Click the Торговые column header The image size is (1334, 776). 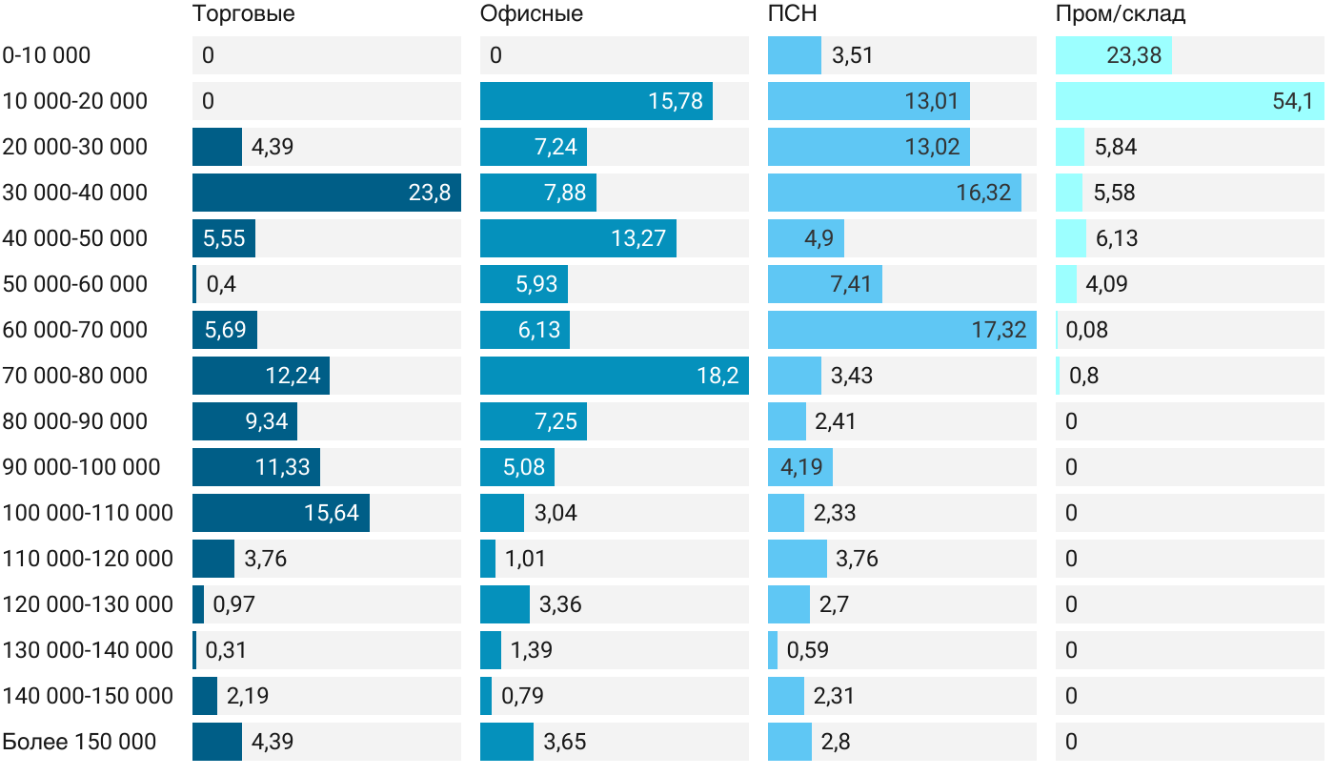(243, 14)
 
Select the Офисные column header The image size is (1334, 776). (531, 14)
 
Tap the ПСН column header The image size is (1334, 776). (792, 14)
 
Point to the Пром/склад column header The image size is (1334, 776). (1120, 14)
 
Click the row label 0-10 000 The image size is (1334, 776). (47, 55)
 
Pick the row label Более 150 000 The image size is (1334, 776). (79, 742)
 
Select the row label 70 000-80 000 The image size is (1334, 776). (75, 376)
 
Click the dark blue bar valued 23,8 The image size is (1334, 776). (326, 193)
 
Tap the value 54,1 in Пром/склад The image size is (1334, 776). (1292, 101)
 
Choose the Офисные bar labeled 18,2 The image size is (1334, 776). (614, 376)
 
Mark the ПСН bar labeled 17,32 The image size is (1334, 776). (901, 330)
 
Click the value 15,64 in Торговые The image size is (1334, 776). (331, 513)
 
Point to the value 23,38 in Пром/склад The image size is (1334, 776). (1134, 55)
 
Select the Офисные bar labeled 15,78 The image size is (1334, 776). (596, 101)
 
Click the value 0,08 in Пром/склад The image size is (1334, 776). (1087, 330)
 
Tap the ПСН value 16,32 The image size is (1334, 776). (983, 193)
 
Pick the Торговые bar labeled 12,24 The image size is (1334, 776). (260, 376)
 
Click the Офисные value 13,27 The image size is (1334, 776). (637, 238)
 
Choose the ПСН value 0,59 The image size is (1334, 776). (807, 650)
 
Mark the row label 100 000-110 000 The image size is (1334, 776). (88, 513)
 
